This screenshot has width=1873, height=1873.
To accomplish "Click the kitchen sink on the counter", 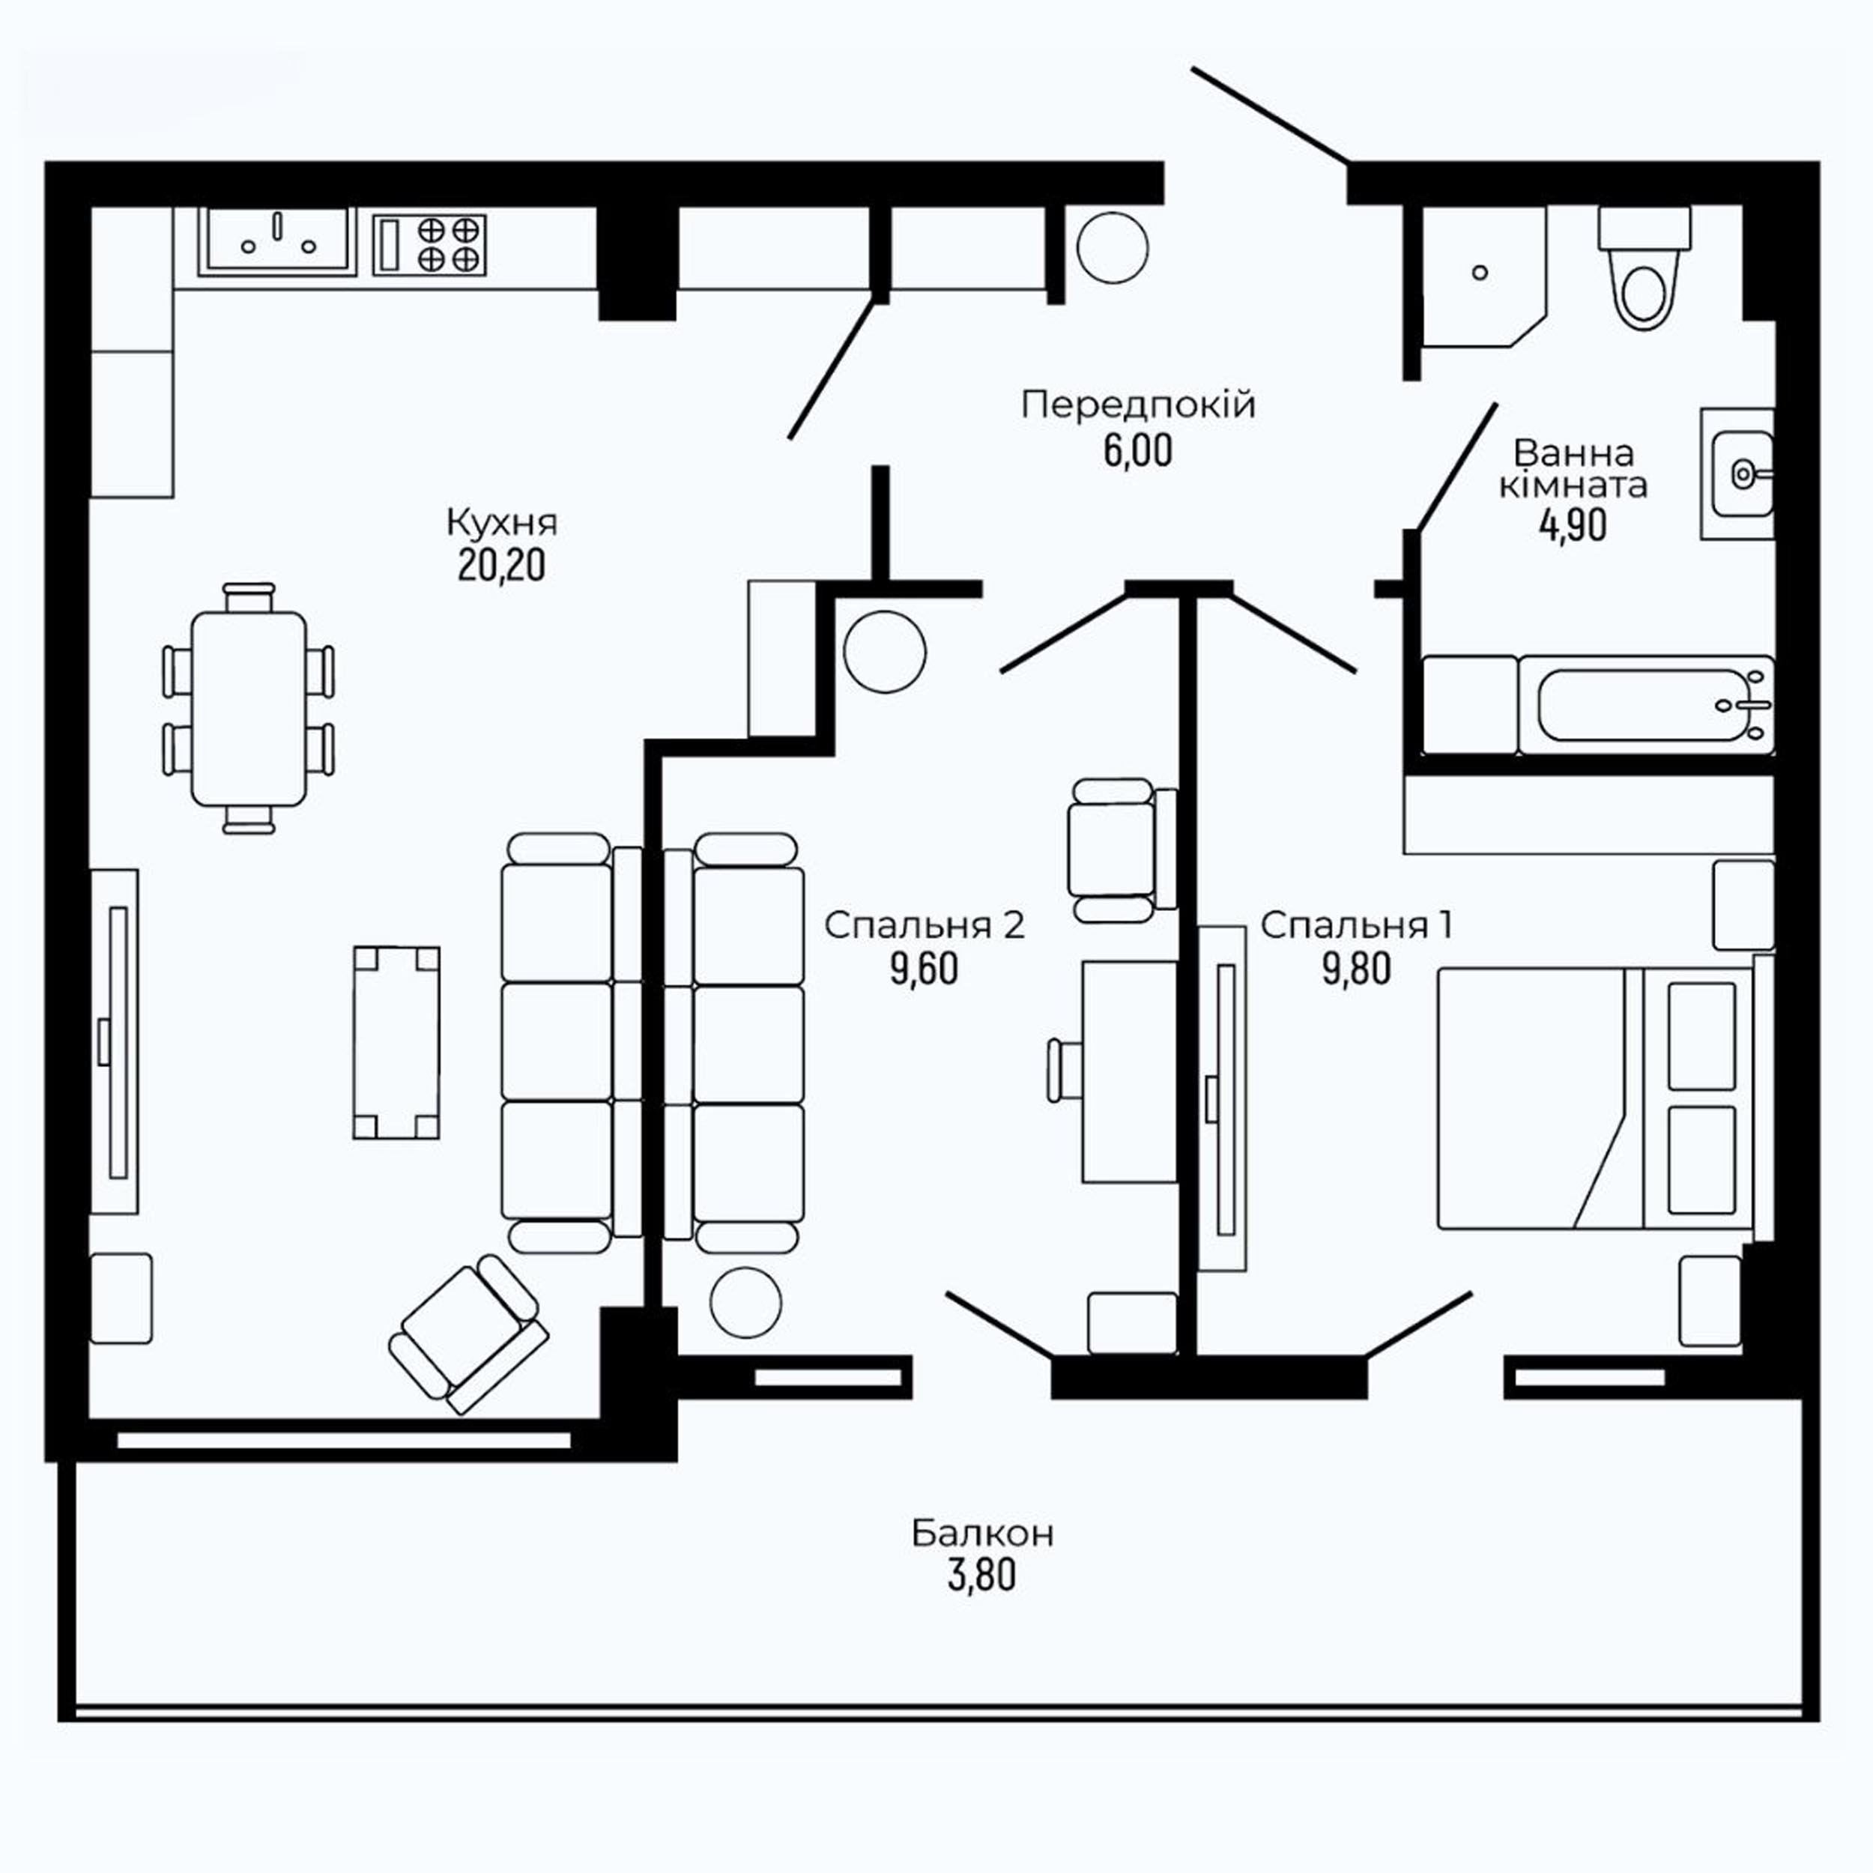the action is coord(277,240).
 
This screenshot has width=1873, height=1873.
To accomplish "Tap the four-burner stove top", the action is coord(429,244).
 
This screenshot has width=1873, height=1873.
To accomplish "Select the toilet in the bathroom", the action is coord(1644,267).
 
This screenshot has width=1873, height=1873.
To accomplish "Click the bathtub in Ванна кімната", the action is coord(1646,706).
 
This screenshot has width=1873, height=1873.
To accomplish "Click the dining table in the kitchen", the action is coord(249,709).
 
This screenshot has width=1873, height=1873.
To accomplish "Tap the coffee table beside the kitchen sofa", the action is coord(396,1043).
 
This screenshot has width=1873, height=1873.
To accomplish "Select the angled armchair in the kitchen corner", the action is coord(468,1334).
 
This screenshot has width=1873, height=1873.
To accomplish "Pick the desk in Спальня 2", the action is coord(1130,1072).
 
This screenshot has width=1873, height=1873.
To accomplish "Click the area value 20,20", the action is coord(501,565).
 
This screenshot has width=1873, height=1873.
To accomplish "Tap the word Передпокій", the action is coord(1138,405).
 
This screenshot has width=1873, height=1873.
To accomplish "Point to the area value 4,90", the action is coord(1573,524).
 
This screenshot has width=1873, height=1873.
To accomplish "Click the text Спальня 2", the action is coord(924,926).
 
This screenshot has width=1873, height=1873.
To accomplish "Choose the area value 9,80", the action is coord(1356,969).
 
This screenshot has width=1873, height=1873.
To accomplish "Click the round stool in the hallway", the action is coord(1112,247).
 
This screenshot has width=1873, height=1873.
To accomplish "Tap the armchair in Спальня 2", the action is coord(1122,850).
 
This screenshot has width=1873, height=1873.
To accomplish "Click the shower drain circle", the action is coord(1480,273).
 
